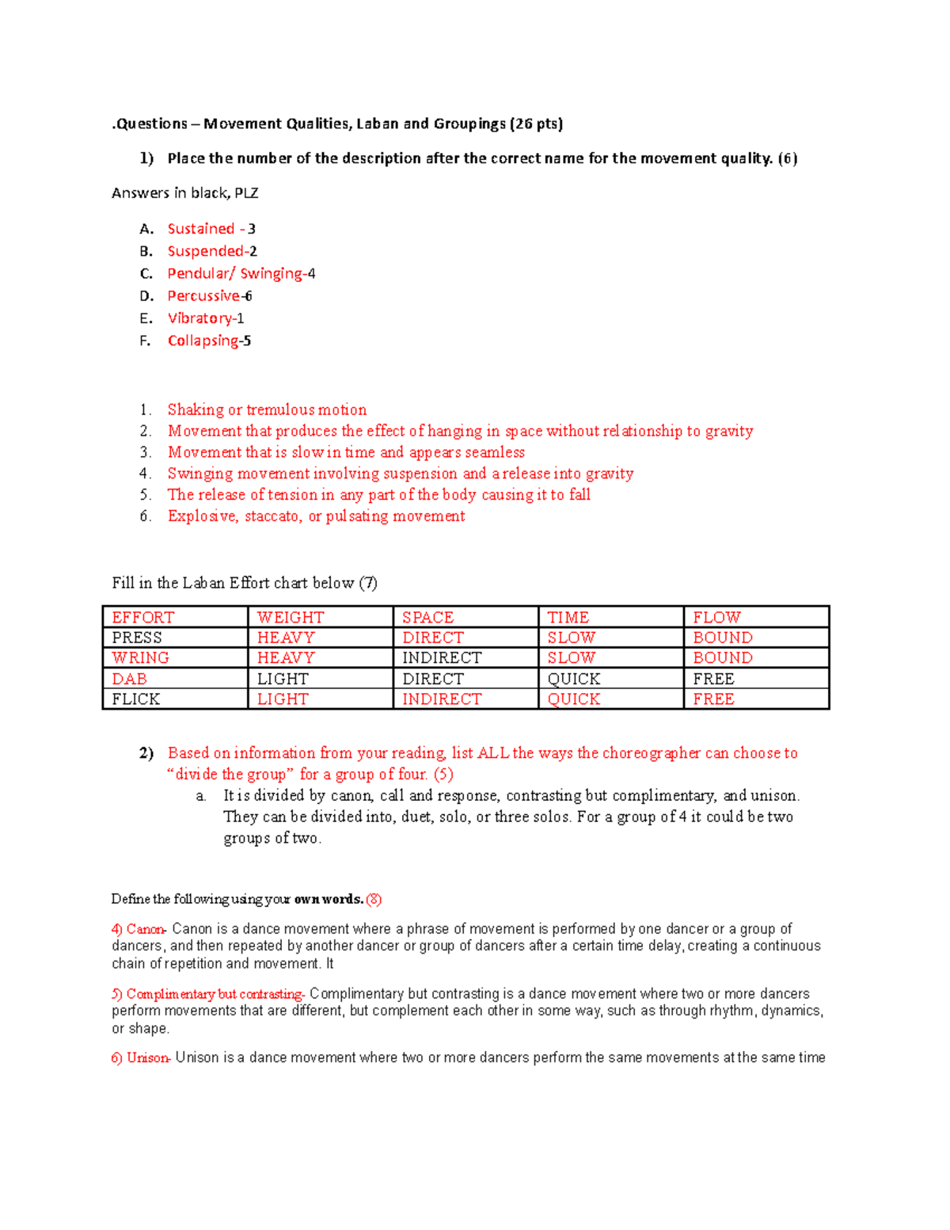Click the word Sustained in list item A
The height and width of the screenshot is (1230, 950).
click(x=200, y=229)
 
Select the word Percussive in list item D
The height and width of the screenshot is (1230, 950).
click(x=203, y=296)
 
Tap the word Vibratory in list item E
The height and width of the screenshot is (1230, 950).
click(x=199, y=318)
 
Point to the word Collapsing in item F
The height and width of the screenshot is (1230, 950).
click(x=203, y=341)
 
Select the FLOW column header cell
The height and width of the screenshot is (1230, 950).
click(x=716, y=617)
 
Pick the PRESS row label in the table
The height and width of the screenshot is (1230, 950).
click(x=137, y=638)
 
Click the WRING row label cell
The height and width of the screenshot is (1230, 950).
click(x=140, y=658)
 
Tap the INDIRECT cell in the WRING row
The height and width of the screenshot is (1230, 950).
click(x=441, y=658)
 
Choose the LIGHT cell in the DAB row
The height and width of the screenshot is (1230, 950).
click(x=283, y=679)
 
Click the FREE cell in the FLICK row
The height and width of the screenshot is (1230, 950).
click(x=713, y=699)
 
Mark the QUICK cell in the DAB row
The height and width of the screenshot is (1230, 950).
click(x=573, y=679)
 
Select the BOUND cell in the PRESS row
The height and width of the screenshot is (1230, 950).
click(x=722, y=638)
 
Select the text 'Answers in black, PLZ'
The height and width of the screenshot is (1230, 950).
click(x=185, y=193)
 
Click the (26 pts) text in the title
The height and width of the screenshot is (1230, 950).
click(x=536, y=124)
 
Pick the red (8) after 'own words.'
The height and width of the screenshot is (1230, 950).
click(x=374, y=899)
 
